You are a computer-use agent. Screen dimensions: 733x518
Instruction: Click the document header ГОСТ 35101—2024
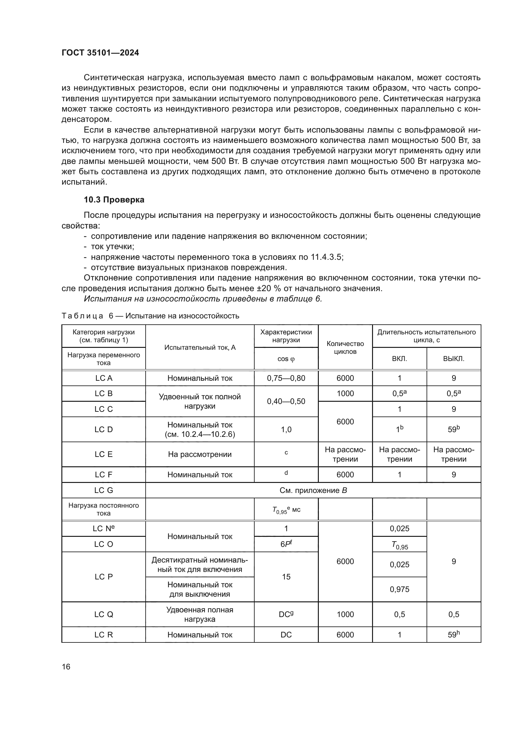100,53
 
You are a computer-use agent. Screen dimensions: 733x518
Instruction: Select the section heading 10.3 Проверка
114,200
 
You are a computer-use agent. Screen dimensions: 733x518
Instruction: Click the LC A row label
104,378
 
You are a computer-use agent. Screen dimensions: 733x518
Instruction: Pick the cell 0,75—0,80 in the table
286,378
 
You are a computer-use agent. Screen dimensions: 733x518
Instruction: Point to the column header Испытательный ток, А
200,347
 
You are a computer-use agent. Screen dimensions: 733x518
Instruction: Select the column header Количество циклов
345,347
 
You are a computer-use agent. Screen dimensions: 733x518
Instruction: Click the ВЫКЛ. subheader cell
453,359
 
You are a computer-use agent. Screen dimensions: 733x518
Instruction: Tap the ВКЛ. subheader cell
399,359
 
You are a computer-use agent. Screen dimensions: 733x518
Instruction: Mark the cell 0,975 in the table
399,589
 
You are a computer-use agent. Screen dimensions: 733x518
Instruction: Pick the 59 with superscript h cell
453,634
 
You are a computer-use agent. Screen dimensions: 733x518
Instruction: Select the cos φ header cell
286,359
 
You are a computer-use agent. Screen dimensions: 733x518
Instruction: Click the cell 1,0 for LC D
286,429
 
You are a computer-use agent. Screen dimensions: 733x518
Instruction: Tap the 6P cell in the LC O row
286,544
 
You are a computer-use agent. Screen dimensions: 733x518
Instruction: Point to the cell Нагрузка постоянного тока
104,509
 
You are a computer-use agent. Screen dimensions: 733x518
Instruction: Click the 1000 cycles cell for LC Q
345,614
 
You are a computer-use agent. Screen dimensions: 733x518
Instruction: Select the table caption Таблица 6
150,316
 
